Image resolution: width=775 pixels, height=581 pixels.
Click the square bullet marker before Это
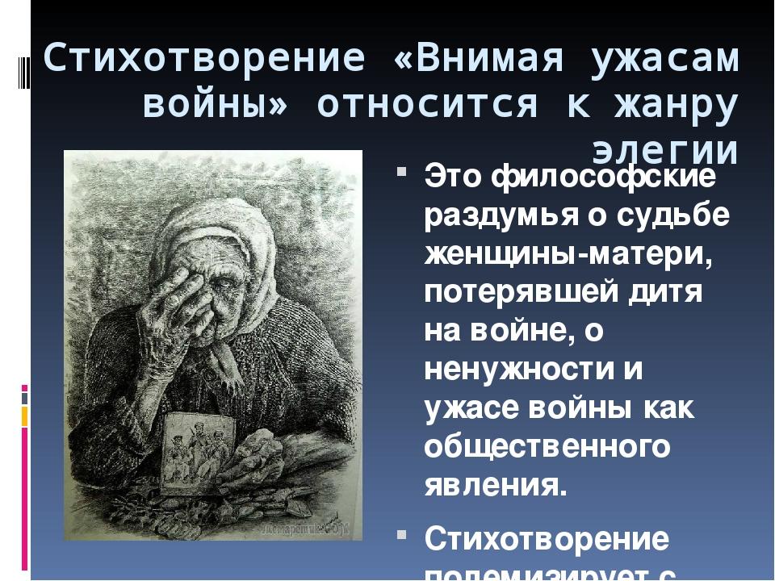(401, 171)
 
